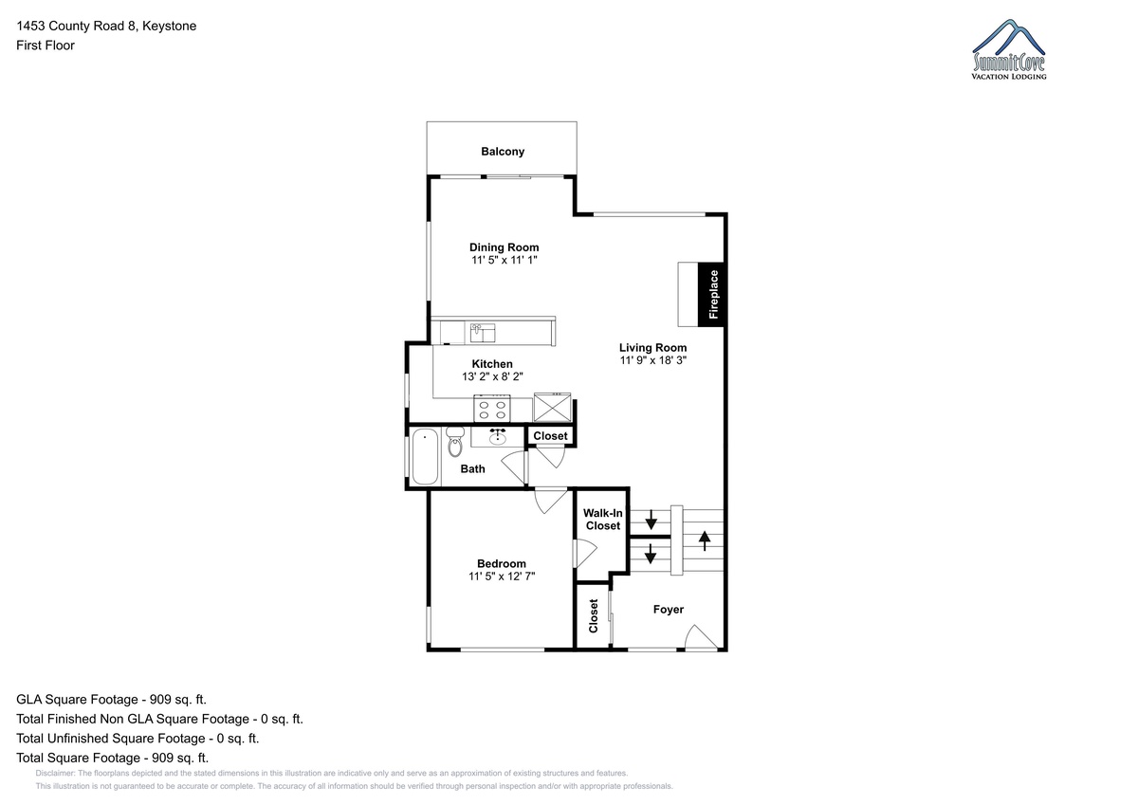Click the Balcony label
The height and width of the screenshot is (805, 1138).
(503, 152)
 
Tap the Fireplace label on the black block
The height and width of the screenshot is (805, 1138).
(713, 295)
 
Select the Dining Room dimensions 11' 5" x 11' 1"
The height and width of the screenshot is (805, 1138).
(504, 260)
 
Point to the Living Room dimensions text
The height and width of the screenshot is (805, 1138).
(652, 360)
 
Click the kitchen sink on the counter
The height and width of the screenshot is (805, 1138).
(483, 333)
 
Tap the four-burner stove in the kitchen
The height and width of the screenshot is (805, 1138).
(492, 409)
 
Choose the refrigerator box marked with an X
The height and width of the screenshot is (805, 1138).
(552, 407)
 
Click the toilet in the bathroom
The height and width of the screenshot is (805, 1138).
(455, 442)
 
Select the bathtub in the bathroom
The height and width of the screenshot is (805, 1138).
(425, 457)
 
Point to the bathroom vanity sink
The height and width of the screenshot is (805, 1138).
(497, 437)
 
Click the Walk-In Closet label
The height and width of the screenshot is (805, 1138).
(602, 519)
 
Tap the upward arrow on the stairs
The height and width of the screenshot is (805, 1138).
(704, 540)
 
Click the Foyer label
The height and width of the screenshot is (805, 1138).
(668, 610)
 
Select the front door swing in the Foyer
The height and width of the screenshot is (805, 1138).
(701, 637)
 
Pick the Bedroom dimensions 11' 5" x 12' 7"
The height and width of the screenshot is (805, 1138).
(502, 576)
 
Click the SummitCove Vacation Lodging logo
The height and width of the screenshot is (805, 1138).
(1008, 49)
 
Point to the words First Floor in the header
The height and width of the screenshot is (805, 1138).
(46, 46)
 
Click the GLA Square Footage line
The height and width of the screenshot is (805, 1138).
(111, 700)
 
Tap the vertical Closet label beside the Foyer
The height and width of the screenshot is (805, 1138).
(593, 616)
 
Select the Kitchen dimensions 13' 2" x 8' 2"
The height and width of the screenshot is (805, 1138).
(492, 376)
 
